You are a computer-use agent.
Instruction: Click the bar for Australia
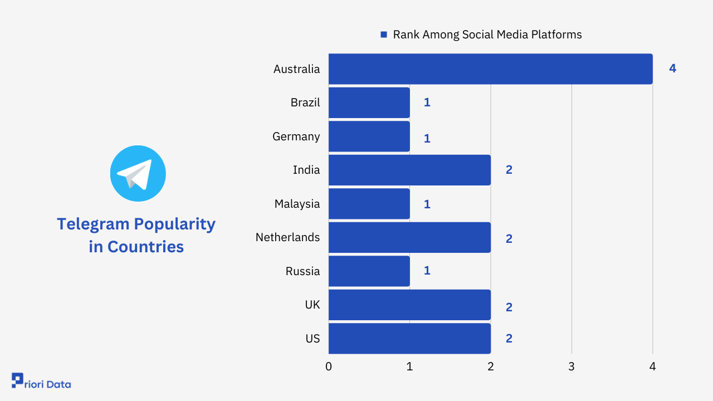click(490, 69)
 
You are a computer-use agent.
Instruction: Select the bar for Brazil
click(369, 102)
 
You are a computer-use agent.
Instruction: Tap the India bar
click(409, 170)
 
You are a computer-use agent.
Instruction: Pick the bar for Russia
click(369, 271)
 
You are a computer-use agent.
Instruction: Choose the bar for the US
click(409, 338)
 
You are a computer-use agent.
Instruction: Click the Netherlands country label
click(287, 237)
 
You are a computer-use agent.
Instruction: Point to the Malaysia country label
click(297, 204)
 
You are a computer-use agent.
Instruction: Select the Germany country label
click(296, 136)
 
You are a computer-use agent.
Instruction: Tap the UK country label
click(312, 305)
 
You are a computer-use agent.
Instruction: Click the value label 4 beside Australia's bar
click(672, 69)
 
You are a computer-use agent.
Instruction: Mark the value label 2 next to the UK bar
click(509, 307)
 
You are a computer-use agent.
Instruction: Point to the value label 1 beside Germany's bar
click(427, 139)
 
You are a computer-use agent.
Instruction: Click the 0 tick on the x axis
click(329, 366)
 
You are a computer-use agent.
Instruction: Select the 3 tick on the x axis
click(572, 366)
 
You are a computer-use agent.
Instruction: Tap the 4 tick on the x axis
click(652, 366)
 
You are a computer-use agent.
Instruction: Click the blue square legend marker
click(383, 35)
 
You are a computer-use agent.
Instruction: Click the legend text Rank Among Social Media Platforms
click(487, 35)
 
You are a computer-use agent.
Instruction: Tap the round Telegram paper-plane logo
click(138, 173)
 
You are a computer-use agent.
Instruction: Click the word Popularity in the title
click(175, 224)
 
